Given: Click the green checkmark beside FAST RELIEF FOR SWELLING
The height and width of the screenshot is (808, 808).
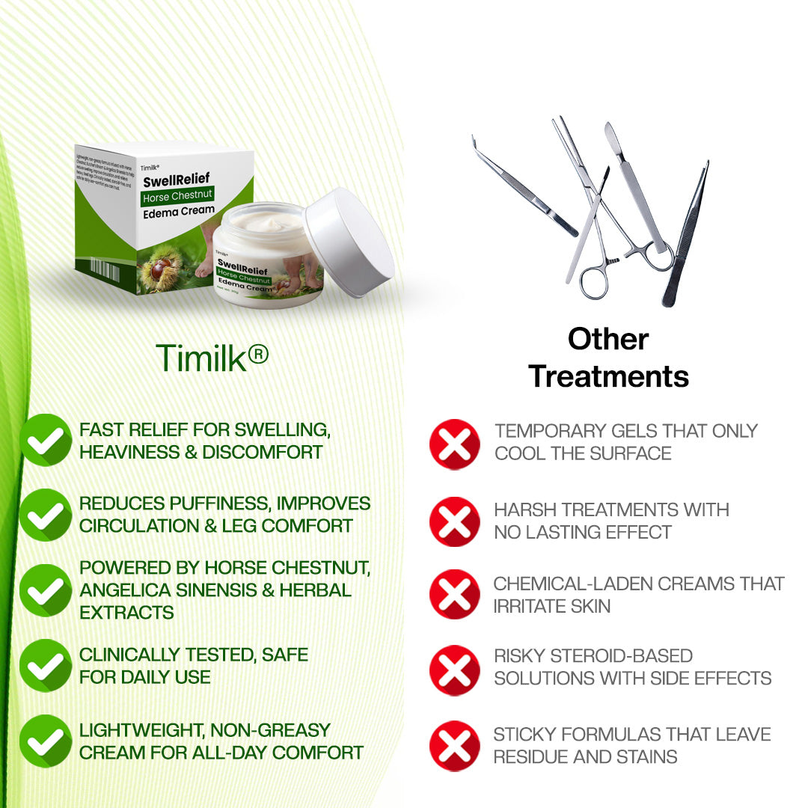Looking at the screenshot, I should tap(46, 441).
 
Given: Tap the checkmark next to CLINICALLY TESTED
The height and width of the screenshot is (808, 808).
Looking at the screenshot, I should tap(46, 665).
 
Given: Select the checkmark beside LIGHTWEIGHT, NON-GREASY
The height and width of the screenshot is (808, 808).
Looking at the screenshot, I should tap(46, 741).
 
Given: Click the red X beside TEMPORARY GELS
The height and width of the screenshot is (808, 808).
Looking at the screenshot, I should tap(454, 444).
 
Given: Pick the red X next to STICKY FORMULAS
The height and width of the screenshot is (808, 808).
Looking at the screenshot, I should tap(454, 746).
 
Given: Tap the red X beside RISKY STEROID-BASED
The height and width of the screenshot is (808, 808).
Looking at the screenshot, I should tap(454, 670).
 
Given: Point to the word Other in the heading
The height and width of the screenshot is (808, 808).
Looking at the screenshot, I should tap(607, 339).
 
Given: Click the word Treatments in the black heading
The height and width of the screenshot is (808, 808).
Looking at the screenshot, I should tap(608, 376).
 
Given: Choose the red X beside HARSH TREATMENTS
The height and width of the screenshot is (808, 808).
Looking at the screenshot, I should tap(454, 521).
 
